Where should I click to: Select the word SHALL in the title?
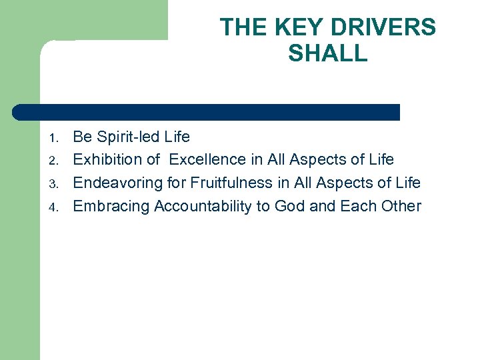(327, 53)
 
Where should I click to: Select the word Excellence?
(207, 160)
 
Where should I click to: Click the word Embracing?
(111, 206)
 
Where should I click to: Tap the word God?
(289, 206)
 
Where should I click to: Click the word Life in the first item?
(177, 137)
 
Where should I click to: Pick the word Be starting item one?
(82, 137)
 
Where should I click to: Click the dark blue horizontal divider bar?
(207, 112)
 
